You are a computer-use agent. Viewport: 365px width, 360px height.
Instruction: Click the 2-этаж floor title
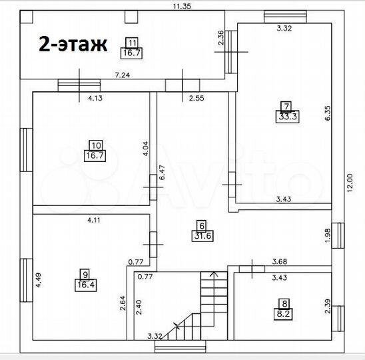click(x=73, y=45)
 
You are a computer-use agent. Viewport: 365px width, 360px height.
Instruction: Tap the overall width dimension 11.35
click(x=179, y=6)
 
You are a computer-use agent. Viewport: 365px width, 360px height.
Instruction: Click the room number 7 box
click(x=286, y=106)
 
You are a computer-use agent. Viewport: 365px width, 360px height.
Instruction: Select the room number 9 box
click(x=85, y=274)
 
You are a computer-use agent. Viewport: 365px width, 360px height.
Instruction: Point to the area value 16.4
click(x=85, y=284)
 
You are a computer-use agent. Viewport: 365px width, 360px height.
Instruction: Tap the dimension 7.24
click(x=121, y=75)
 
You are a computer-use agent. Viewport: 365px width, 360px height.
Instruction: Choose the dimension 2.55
click(x=196, y=98)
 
